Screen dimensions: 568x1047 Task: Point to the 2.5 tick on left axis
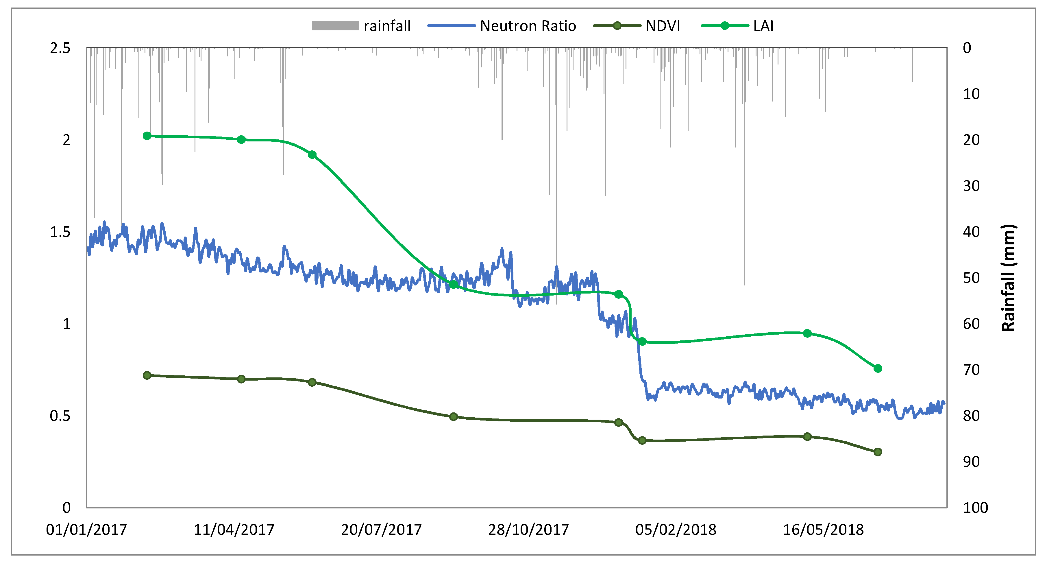pos(60,48)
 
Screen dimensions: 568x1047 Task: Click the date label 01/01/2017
pos(86,529)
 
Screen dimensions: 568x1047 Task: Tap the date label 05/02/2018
pos(676,529)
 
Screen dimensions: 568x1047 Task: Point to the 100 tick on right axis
pos(975,508)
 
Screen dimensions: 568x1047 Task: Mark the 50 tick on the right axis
pos(971,278)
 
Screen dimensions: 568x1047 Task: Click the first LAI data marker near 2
pos(147,136)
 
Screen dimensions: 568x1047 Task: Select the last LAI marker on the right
pos(878,368)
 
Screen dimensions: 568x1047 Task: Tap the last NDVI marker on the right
pos(878,452)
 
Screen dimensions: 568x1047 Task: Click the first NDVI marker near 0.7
pos(147,375)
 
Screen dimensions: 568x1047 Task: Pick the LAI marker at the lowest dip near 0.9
pos(642,342)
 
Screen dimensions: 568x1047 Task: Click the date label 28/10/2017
pos(528,529)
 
